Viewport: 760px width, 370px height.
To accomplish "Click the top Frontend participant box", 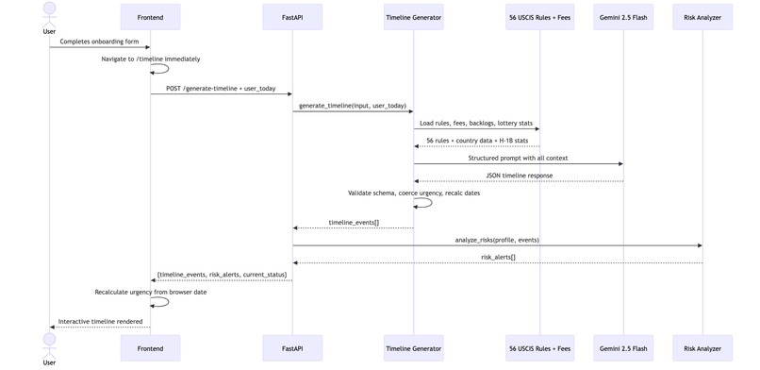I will [150, 17].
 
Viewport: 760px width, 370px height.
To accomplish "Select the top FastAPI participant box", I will [292, 17].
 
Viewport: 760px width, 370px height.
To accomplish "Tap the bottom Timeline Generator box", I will [414, 348].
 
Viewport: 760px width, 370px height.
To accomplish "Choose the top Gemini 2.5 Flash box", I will [622, 17].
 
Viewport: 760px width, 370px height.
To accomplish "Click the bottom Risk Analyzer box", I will [702, 348].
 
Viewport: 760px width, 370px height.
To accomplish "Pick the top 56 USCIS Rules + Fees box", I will [539, 17].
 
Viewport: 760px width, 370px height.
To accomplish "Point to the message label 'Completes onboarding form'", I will [100, 41].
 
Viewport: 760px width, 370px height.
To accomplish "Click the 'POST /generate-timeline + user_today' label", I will [221, 88].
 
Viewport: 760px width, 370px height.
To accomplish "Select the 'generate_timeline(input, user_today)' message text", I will [353, 105].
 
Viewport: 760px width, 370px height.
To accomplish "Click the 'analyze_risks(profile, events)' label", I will [497, 240].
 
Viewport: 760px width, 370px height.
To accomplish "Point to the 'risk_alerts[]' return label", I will [498, 256].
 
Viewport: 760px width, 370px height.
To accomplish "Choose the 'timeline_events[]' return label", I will [354, 222].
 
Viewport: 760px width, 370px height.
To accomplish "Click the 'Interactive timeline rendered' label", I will [100, 321].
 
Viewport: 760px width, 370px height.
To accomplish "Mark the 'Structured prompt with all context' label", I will [518, 158].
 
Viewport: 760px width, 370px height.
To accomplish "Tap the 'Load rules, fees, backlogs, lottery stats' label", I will [476, 123].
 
